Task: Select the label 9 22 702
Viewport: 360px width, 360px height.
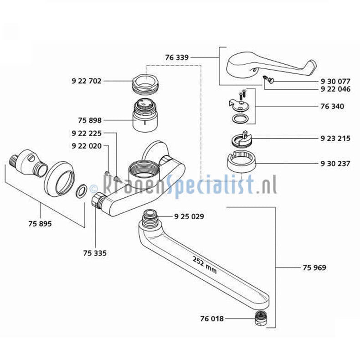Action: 86,81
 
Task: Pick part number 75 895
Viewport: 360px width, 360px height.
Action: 40,224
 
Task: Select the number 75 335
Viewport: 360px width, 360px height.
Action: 95,253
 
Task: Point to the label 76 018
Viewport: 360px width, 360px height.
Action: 212,319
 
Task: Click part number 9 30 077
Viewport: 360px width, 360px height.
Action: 335,82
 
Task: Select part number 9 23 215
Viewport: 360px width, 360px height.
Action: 335,138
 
